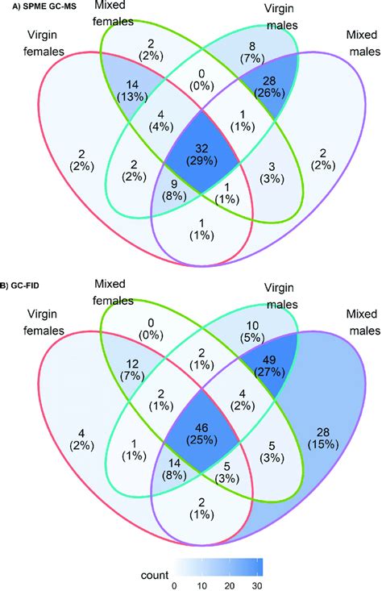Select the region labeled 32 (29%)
coord(201,155)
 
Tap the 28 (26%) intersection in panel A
coord(269,87)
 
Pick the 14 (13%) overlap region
coord(132,90)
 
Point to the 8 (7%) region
coord(252,52)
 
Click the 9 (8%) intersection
coord(174,190)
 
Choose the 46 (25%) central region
coord(201,434)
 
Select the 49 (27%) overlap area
coord(269,366)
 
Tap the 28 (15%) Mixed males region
coord(323,438)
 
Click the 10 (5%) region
coord(252,331)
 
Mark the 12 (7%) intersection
coord(132,370)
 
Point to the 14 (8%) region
coord(174,469)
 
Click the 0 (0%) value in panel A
coord(201,80)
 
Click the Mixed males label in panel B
coord(362,322)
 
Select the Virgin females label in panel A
coord(44,43)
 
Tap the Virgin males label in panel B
coord(280,296)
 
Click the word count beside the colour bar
coord(155,575)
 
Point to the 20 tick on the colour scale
coord(230,585)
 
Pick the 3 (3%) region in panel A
coord(272,172)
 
